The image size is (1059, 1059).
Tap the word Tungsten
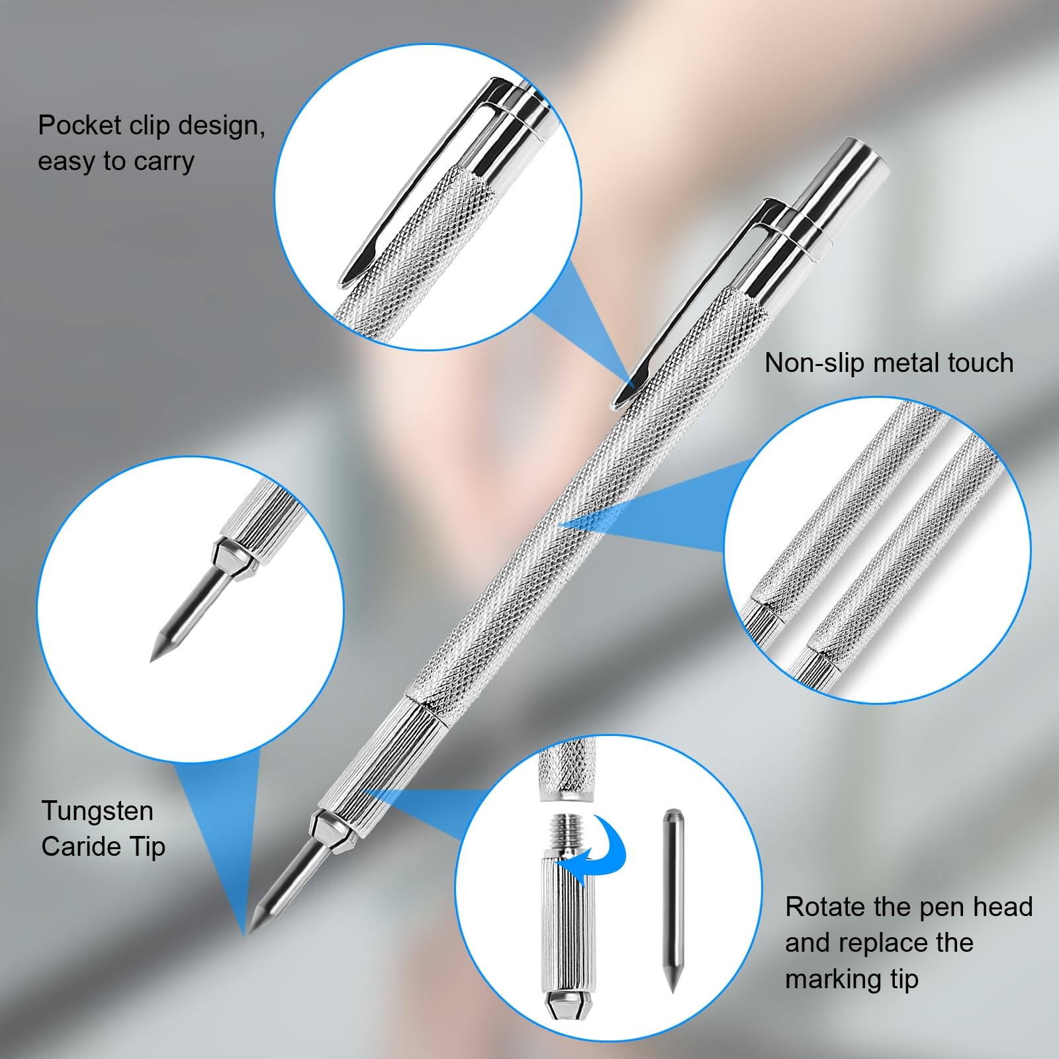click(97, 811)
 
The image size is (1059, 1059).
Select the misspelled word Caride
click(84, 847)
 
